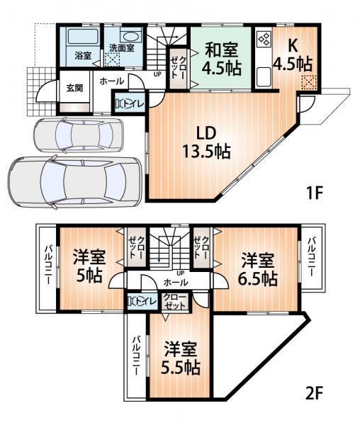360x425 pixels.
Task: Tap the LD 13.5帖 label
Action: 201,142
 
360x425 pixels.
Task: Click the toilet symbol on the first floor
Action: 130,103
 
